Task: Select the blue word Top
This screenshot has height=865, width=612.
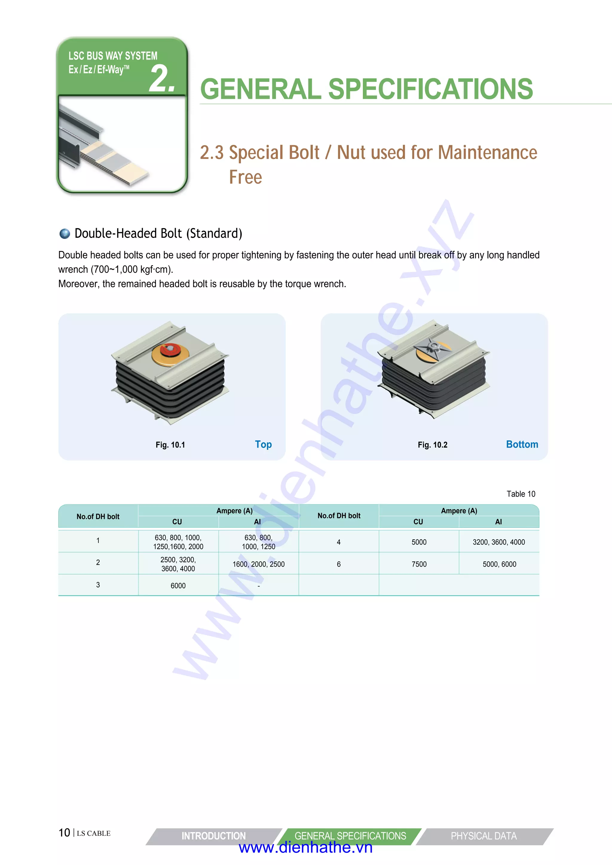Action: point(263,445)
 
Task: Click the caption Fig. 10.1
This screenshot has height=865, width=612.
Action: point(170,445)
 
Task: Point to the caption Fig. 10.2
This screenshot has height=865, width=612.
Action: point(432,445)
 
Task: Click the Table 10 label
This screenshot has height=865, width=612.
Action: point(521,494)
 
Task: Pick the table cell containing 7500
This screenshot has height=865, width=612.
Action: point(419,564)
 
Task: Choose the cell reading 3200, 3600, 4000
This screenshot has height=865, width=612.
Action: point(498,542)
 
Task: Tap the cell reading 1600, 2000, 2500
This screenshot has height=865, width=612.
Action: point(258,564)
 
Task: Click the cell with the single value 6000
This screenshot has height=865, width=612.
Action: point(178,585)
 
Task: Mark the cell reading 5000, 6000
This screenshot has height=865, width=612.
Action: point(499,564)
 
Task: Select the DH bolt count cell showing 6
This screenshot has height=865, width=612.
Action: point(338,564)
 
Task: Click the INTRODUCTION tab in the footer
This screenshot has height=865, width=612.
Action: point(213,836)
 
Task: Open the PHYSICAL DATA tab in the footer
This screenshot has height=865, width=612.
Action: point(484,836)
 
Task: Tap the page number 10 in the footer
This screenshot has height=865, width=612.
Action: point(65,833)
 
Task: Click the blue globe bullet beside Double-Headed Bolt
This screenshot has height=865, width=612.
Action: point(65,234)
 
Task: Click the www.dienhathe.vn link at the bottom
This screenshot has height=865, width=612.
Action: point(306,848)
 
